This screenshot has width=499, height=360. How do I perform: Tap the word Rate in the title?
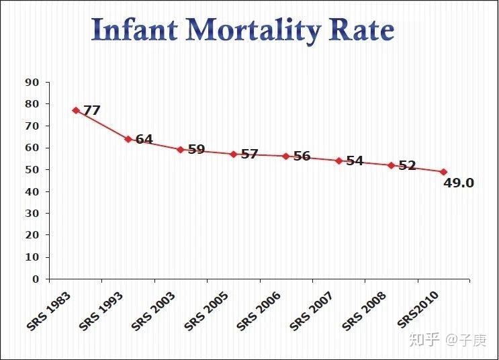click(x=363, y=30)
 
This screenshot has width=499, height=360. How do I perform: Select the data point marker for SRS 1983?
click(x=76, y=110)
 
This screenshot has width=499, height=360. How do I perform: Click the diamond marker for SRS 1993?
click(x=128, y=139)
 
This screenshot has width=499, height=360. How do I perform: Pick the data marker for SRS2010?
click(x=443, y=172)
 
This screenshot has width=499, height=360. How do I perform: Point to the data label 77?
click(x=91, y=111)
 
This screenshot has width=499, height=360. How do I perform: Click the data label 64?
click(x=144, y=140)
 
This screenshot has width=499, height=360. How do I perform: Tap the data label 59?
click(x=196, y=149)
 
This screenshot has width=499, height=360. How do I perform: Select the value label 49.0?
click(x=459, y=183)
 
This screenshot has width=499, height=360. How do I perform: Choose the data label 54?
click(x=355, y=161)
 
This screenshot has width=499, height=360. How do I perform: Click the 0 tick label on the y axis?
click(x=37, y=279)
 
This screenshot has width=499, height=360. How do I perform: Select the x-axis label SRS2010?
click(x=418, y=310)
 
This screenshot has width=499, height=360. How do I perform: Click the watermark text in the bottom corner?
click(x=456, y=341)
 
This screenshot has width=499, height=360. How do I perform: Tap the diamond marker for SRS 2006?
click(x=285, y=156)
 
